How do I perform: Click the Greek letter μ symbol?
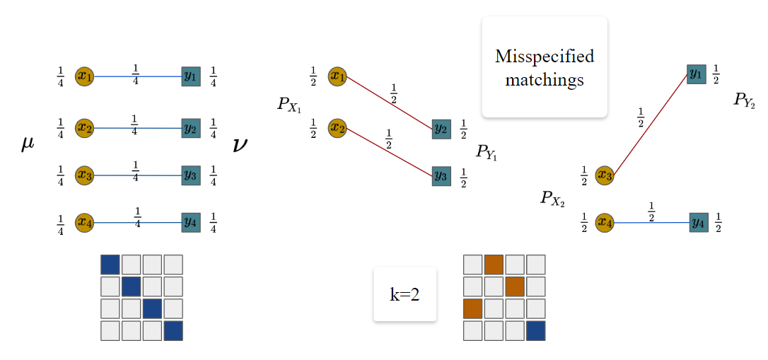(28, 145)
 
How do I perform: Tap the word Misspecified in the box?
(545, 56)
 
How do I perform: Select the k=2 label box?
(405, 294)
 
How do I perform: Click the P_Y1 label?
(487, 151)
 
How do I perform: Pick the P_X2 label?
(553, 198)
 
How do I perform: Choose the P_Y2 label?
(745, 100)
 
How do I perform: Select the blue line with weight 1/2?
(651, 223)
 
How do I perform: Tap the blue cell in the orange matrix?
(535, 330)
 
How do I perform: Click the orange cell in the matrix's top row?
(494, 265)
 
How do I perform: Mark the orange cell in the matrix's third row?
(472, 308)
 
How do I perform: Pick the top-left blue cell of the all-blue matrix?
(110, 265)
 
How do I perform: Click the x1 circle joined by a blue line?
(84, 76)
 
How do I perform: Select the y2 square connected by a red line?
(441, 129)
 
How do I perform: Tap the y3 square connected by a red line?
(441, 176)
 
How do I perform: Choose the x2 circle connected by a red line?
(337, 129)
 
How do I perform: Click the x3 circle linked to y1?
(604, 175)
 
